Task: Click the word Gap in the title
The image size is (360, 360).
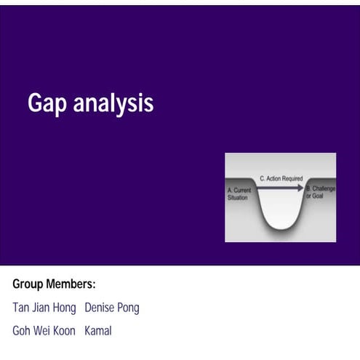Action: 43,104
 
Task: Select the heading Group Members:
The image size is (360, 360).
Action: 55,284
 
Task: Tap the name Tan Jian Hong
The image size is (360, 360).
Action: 44,308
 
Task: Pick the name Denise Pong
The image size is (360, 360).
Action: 112,308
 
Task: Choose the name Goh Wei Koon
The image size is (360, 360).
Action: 44,331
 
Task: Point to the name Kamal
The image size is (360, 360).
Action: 98,331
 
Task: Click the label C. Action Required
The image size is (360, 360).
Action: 281,178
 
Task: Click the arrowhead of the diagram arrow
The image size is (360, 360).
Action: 300,188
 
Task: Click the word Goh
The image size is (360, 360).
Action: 22,331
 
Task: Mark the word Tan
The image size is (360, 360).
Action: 21,308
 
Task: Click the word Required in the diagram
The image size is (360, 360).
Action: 291,178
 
